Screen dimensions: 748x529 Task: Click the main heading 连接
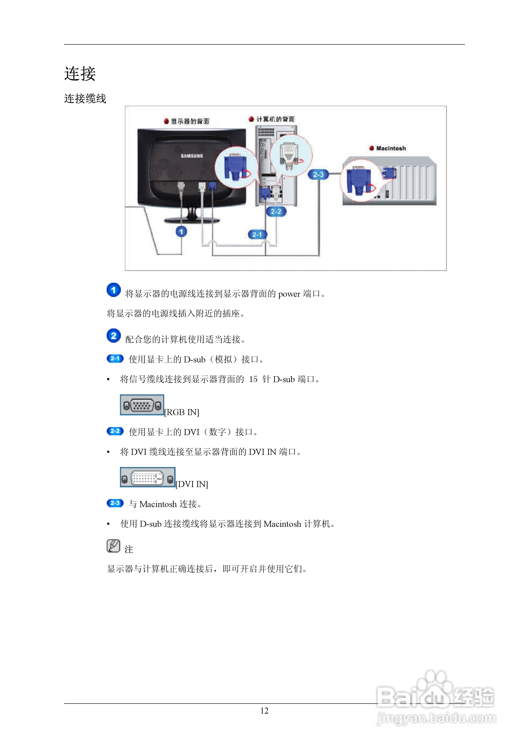(80, 74)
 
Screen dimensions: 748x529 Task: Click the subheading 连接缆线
(85, 99)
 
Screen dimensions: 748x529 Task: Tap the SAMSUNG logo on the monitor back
(192, 156)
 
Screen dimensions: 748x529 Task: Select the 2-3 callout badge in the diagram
(318, 175)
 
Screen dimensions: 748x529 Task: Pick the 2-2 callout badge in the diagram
(276, 211)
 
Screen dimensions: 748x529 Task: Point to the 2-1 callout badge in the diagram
(257, 234)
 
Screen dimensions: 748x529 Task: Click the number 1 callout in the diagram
(181, 232)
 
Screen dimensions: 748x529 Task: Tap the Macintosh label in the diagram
(391, 148)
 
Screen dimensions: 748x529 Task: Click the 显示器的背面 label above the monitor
(190, 121)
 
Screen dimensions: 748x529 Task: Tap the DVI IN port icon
(147, 477)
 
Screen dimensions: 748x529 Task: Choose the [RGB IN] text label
(182, 412)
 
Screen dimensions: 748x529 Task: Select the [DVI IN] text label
(192, 484)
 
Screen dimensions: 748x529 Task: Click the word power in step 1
(289, 294)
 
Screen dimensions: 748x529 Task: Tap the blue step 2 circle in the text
(114, 336)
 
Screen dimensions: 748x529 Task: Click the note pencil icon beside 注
(113, 546)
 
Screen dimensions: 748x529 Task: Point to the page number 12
(264, 711)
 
